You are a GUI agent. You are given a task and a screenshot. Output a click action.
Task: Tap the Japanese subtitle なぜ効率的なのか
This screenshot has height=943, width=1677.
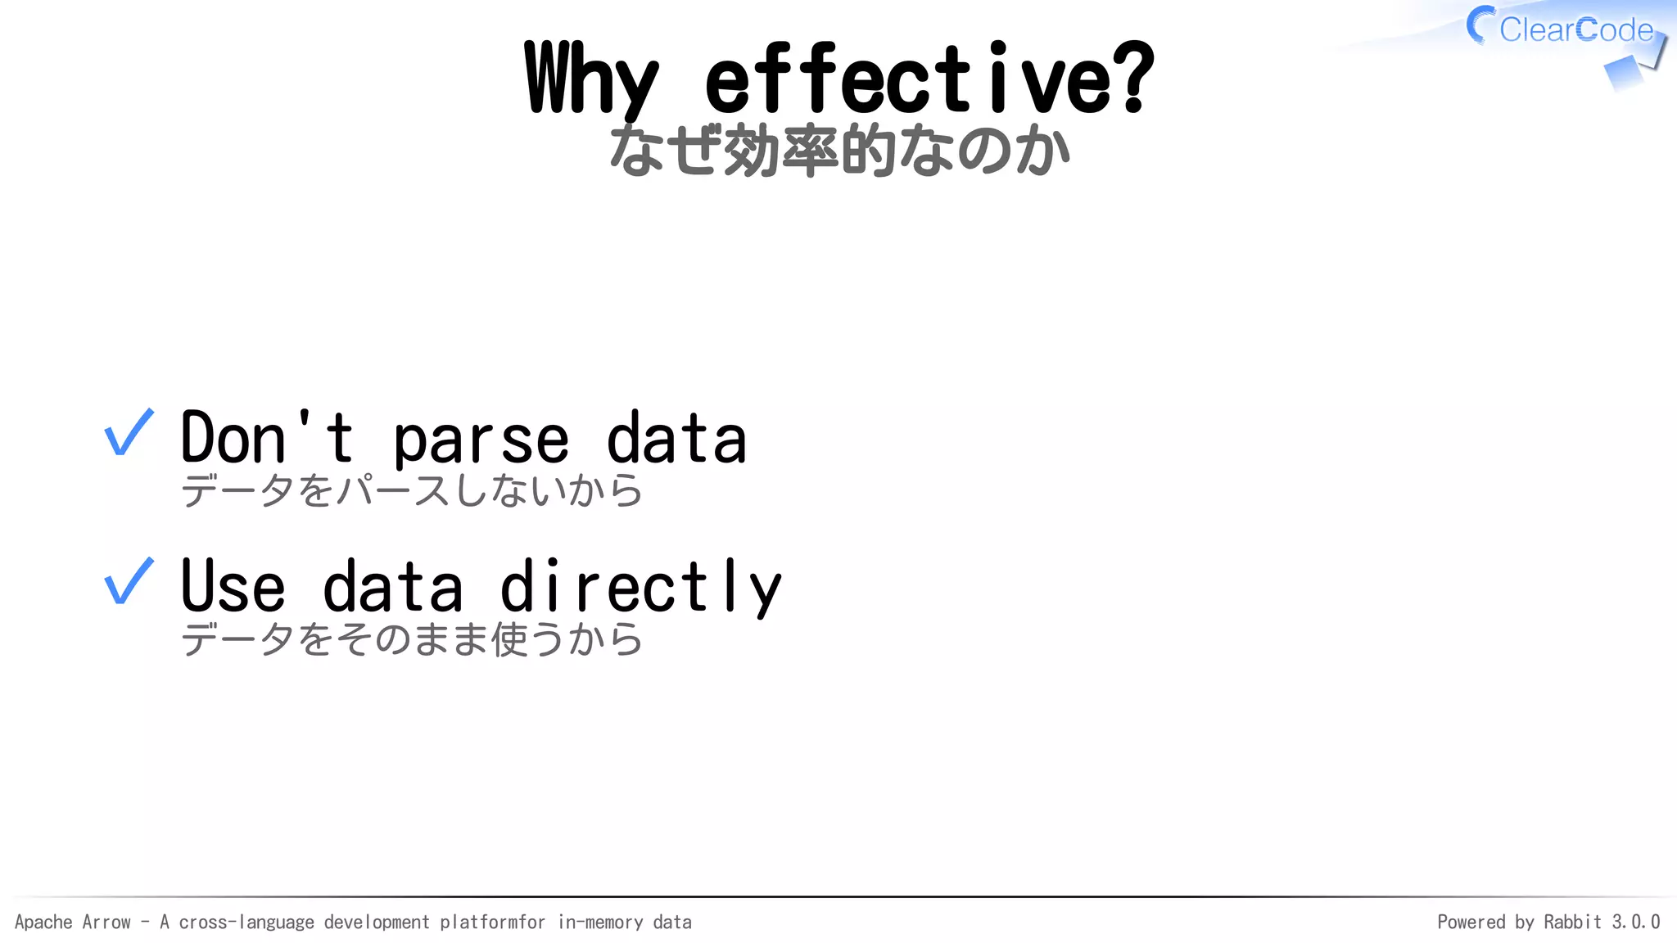tap(839, 151)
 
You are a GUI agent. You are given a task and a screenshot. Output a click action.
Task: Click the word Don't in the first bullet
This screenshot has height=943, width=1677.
tap(266, 438)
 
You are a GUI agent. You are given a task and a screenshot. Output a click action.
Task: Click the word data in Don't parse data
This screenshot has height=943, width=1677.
tap(676, 439)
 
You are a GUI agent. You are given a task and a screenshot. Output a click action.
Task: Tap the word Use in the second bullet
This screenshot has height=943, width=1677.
tap(233, 586)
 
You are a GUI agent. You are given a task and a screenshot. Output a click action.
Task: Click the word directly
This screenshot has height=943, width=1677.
tap(640, 588)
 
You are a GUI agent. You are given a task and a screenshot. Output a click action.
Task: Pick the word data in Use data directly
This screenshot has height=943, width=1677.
tap(393, 586)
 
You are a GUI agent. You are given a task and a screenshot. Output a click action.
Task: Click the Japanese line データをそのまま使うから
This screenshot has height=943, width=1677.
tap(412, 639)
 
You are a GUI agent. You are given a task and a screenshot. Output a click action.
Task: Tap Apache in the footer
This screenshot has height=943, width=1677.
tap(44, 923)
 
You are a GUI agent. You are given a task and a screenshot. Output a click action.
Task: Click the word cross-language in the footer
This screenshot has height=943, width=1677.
tap(246, 923)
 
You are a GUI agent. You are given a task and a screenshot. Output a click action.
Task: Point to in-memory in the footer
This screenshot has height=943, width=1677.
tap(600, 923)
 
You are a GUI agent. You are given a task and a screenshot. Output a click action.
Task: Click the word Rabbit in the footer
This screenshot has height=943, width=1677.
tap(1572, 923)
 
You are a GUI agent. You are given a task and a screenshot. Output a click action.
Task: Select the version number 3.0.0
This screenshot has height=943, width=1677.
tap(1635, 923)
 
